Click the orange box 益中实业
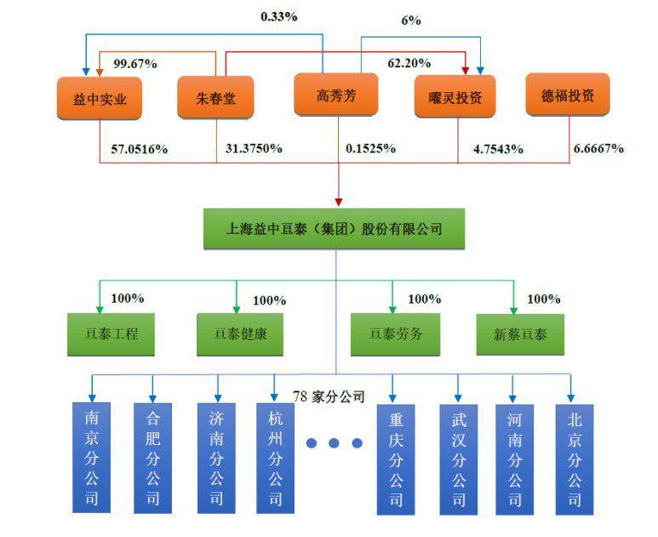(100, 98)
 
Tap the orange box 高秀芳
(336, 95)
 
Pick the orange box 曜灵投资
(455, 98)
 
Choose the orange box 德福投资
(569, 95)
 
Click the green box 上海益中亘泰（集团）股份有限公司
(335, 229)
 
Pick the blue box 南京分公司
(91, 459)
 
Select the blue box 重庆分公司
(398, 459)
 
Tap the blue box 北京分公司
(575, 459)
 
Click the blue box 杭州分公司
(275, 459)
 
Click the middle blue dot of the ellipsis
(335, 443)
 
